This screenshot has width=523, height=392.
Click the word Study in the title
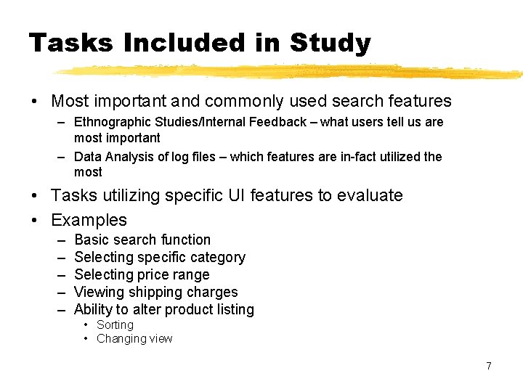330,44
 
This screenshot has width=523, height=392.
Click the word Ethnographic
112,122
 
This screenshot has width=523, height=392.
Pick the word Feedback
277,122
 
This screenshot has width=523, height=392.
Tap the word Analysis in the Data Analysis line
129,157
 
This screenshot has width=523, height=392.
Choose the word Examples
89,220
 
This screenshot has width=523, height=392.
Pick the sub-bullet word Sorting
115,324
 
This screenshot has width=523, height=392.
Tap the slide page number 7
489,366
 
